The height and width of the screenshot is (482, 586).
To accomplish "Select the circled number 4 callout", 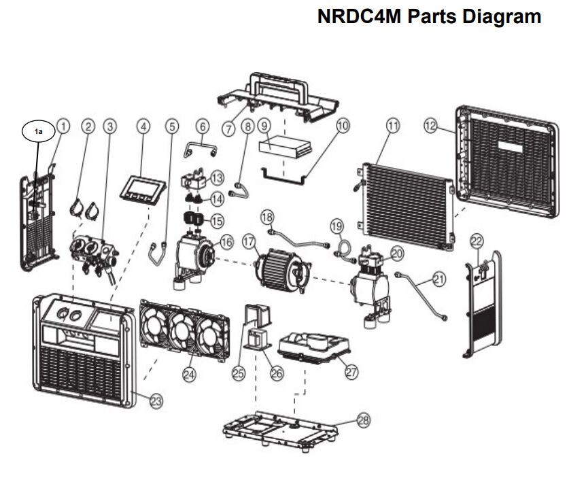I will click(x=142, y=126).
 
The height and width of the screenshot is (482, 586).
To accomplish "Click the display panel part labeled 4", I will click(x=142, y=188).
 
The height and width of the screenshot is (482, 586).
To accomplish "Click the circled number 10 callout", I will click(x=343, y=126).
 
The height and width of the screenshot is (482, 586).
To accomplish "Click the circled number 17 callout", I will click(x=248, y=241).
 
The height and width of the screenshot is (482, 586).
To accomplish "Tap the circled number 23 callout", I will click(x=156, y=401).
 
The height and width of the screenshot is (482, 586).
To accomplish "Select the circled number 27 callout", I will click(x=351, y=372).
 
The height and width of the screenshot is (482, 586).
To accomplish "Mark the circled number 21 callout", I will click(x=439, y=279).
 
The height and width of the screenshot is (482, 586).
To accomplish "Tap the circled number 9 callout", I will click(x=265, y=126).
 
